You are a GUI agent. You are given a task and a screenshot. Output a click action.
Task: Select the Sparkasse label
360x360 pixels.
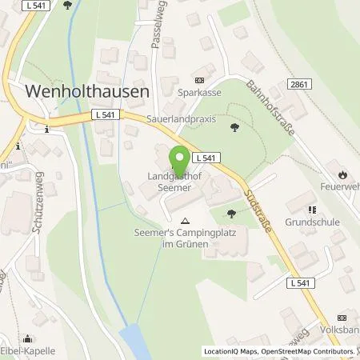[x=200, y=92]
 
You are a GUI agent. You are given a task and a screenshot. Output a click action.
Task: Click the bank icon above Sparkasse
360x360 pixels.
[x=200, y=80]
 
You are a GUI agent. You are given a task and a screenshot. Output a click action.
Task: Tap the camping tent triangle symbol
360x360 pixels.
[x=186, y=220]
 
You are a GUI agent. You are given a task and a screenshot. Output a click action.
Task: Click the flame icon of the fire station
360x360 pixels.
[x=342, y=173]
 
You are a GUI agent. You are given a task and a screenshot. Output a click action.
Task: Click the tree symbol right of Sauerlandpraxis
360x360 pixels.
[x=234, y=127]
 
